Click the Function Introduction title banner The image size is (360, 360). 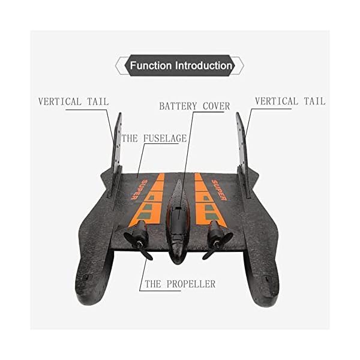(181, 65)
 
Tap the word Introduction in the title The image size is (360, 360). (203, 65)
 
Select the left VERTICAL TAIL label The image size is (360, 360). (73, 101)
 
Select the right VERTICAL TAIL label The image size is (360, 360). (290, 101)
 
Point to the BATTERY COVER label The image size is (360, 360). (194, 106)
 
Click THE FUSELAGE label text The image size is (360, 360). (154, 139)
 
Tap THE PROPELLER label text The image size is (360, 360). (179, 284)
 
